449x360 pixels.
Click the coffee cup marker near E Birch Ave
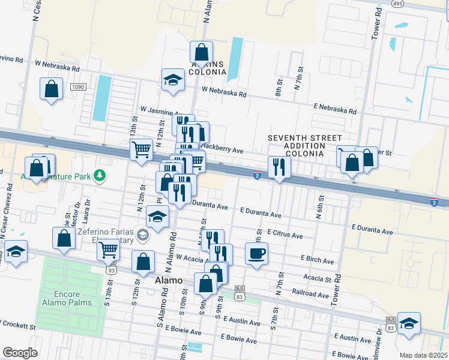pos(256,253)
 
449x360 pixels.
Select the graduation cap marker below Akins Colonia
pos(172,80)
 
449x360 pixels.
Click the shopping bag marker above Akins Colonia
pos(201,52)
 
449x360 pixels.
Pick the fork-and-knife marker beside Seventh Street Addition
pos(279,167)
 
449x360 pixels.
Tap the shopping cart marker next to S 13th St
pos(109,249)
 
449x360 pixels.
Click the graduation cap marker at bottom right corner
pos(409,323)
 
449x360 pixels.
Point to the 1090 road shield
pos(78,87)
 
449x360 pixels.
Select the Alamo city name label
pos(169,280)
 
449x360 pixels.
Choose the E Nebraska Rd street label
pos(334,109)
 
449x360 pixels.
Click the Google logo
pos(19,353)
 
